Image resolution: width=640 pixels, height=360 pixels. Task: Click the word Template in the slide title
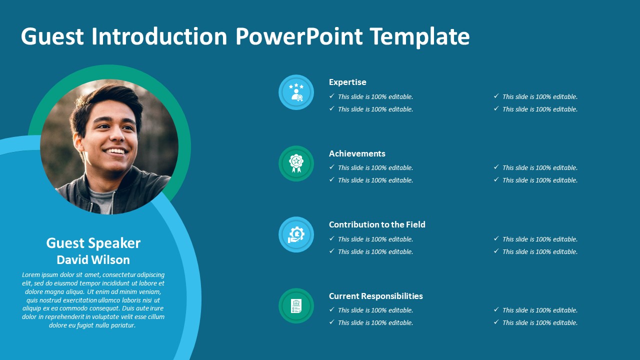(419, 36)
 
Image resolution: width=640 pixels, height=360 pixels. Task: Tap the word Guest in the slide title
(52, 36)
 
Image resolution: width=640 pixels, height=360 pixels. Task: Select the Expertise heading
(347, 82)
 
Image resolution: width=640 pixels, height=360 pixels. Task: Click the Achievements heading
(357, 153)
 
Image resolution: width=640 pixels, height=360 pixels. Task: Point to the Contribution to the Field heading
(377, 224)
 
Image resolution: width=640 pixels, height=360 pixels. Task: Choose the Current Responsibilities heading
(376, 296)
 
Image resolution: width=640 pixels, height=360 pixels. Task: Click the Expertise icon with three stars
(296, 92)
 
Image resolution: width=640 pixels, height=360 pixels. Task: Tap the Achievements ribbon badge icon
(296, 163)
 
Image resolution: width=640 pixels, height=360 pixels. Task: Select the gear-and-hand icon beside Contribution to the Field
(296, 234)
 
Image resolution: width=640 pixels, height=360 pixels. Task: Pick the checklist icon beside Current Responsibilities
(296, 305)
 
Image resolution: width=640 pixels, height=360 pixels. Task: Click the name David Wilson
(93, 259)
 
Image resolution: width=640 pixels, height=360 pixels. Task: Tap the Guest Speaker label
(93, 243)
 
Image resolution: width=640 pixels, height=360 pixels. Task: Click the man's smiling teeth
(115, 151)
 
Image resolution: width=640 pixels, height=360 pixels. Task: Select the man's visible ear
(78, 142)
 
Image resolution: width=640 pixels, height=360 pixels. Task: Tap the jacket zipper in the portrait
(112, 203)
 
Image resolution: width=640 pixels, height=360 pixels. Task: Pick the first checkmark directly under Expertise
(331, 96)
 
